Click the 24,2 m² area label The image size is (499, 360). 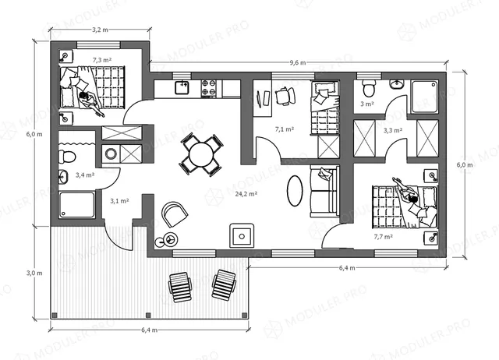click(246, 194)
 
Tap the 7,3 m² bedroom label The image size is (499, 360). click(102, 60)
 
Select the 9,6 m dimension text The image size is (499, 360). click(298, 62)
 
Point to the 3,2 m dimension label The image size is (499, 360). click(100, 30)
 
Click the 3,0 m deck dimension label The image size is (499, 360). click(34, 273)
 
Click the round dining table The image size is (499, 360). click(201, 154)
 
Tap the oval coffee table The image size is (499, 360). click(295, 190)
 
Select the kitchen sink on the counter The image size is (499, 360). click(182, 87)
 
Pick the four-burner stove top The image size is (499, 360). click(209, 88)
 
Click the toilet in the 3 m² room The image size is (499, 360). click(369, 88)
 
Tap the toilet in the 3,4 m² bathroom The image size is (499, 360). click(66, 157)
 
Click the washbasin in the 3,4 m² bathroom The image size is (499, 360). click(62, 177)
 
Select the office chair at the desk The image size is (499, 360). click(285, 95)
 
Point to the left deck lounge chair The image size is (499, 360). click(180, 287)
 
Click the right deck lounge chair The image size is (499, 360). click(225, 285)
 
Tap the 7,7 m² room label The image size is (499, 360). click(383, 237)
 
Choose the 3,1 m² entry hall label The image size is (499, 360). click(119, 201)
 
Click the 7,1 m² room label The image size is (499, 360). click(284, 129)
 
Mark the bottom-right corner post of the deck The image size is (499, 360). click(244, 315)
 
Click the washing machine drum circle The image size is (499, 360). click(111, 154)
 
